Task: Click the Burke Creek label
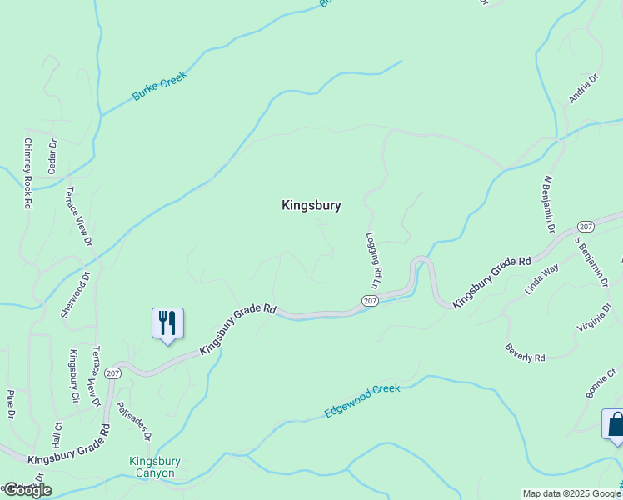point(160,87)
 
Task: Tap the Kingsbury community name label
point(311,205)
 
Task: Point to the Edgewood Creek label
point(362,401)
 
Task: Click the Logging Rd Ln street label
point(375,260)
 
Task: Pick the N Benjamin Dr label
point(549,202)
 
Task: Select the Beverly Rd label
point(526,352)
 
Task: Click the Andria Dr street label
point(584,88)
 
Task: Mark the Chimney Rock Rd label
point(27,172)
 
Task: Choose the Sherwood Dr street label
point(74,294)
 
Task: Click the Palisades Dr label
point(134,420)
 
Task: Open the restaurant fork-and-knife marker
point(167,322)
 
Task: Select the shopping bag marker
point(615,424)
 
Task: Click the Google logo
point(27,490)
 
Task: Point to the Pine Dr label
point(11,404)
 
